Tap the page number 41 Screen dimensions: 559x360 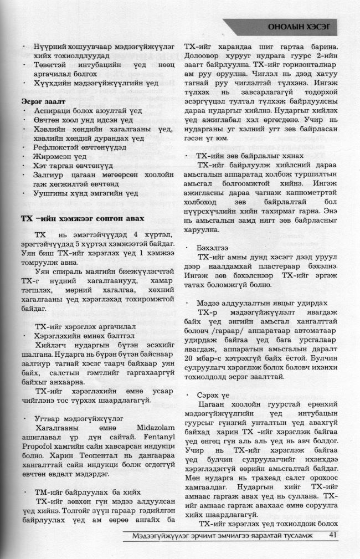point(332,535)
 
